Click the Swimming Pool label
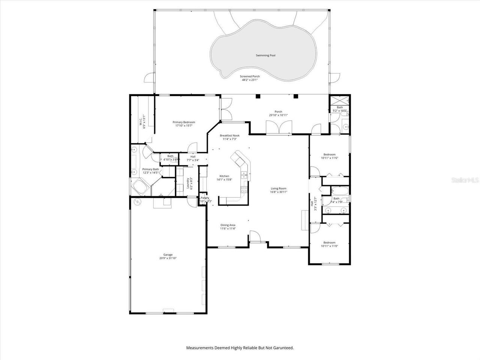point(265,55)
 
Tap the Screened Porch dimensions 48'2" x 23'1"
point(250,80)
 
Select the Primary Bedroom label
point(184,122)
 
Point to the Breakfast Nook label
point(229,135)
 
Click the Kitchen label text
point(224,176)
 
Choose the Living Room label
point(279,189)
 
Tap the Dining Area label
point(228,225)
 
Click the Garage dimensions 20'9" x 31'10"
point(168,258)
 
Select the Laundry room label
point(187,183)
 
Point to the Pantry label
point(205,198)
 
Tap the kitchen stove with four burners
point(244,190)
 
